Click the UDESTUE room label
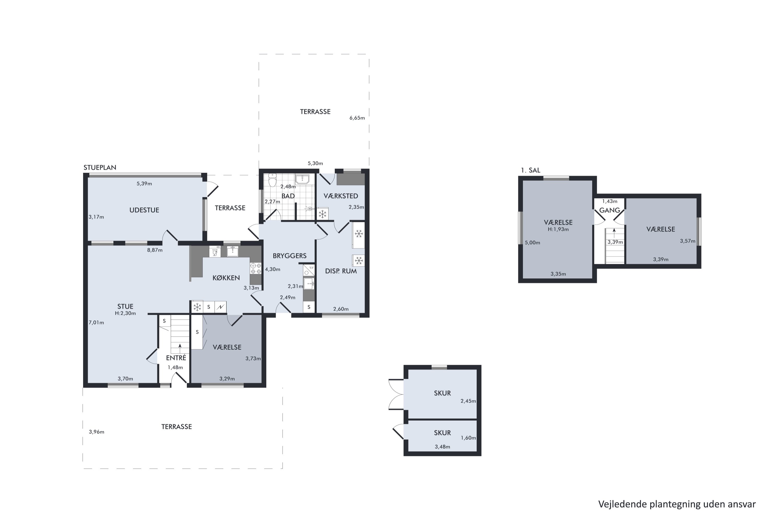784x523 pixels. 144,210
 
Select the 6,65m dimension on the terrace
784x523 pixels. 357,118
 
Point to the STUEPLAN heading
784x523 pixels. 100,167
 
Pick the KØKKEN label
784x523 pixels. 226,278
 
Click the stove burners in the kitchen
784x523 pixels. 256,269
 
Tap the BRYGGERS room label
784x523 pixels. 289,256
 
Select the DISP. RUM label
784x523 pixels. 341,271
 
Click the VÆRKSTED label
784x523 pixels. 341,196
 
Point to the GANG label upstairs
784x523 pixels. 610,210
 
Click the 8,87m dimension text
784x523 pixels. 155,250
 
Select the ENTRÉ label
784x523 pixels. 176,358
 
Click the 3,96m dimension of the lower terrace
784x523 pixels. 96,432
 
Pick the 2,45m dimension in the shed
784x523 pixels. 468,401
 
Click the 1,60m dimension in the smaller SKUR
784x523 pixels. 468,438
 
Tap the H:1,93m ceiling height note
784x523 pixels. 558,230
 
